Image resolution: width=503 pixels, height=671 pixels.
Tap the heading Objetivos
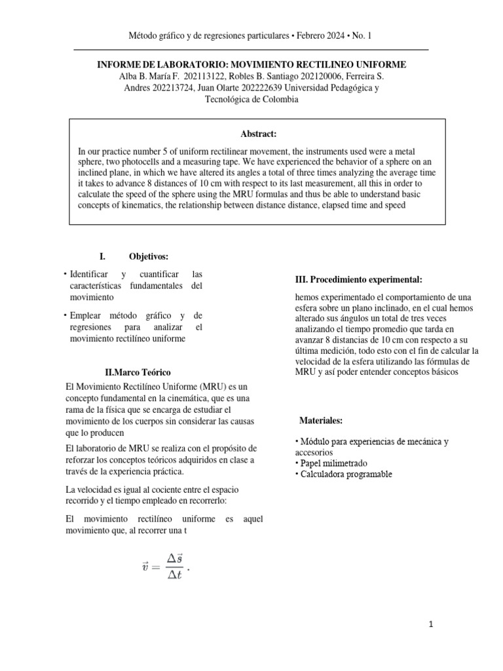148,256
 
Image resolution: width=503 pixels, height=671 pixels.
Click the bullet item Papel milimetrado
333,463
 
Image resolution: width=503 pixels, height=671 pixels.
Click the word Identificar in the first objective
92,274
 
